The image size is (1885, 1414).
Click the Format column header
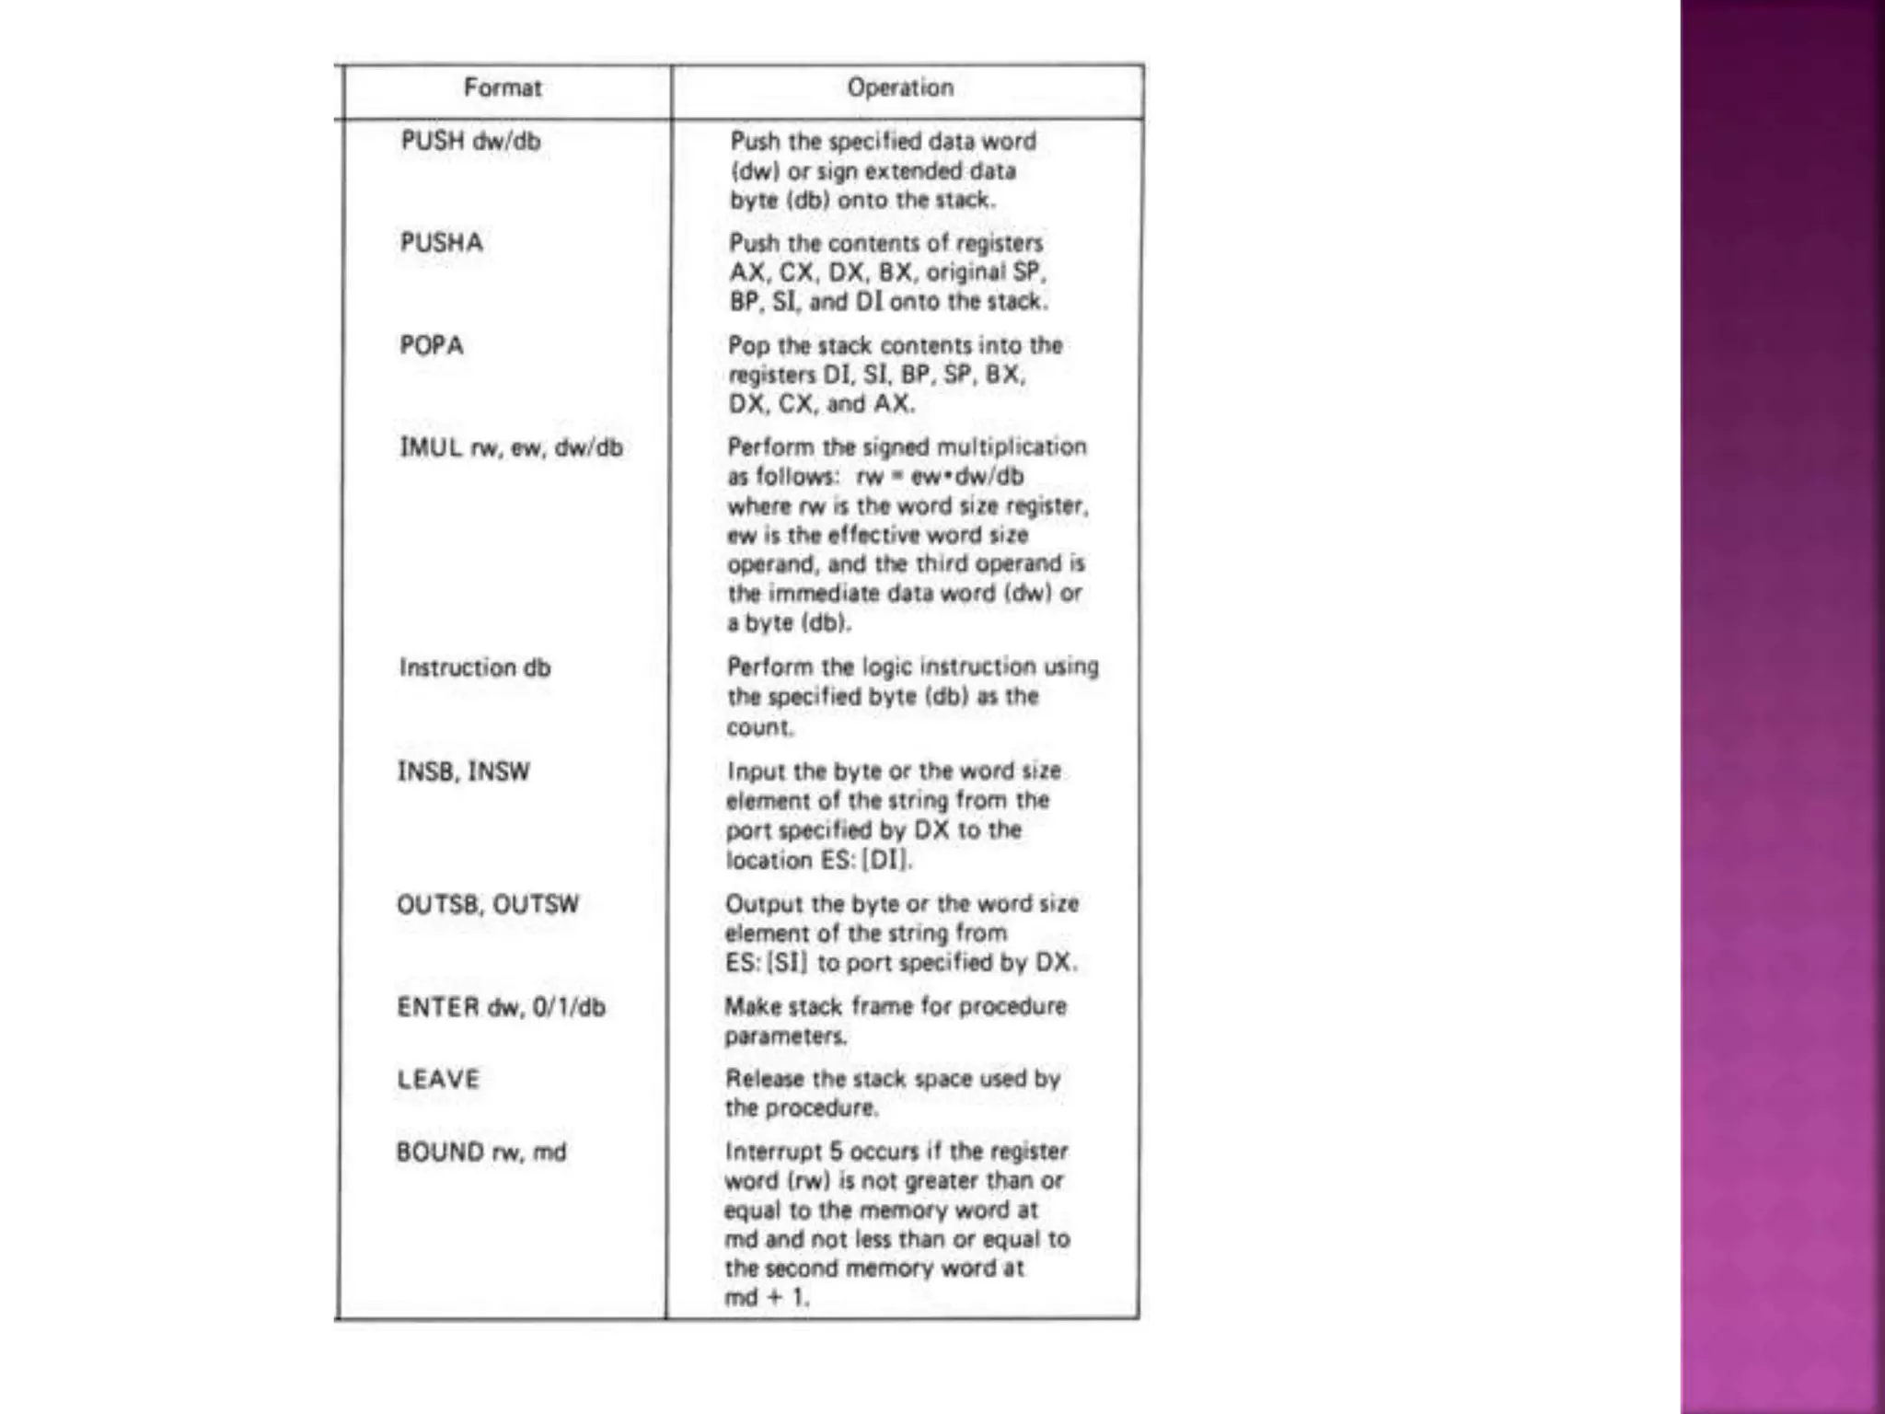[x=503, y=88]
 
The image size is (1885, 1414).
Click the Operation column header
[x=900, y=88]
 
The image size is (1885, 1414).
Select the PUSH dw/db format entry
[x=470, y=142]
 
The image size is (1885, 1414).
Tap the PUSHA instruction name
[x=441, y=243]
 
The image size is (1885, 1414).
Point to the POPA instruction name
[x=431, y=346]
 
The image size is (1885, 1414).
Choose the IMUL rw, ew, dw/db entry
[x=511, y=448]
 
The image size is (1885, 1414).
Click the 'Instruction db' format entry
[x=475, y=668]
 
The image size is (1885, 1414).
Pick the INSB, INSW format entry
[x=463, y=771]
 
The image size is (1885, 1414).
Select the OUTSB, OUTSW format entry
[x=488, y=905]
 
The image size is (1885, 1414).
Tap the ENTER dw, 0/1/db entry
[x=502, y=1007]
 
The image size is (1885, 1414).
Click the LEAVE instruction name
[x=438, y=1079]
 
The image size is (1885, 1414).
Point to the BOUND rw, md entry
[x=481, y=1153]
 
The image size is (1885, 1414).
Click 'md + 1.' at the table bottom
[x=767, y=1298]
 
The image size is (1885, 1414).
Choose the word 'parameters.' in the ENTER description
[x=785, y=1037]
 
